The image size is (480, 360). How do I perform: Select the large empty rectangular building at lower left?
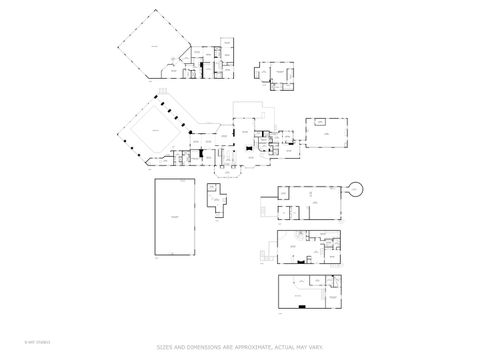(x=176, y=217)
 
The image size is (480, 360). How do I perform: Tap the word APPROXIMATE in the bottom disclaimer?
(x=244, y=347)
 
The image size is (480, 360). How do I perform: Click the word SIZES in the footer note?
(x=165, y=347)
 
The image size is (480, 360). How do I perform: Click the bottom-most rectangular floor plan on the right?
(x=310, y=292)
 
